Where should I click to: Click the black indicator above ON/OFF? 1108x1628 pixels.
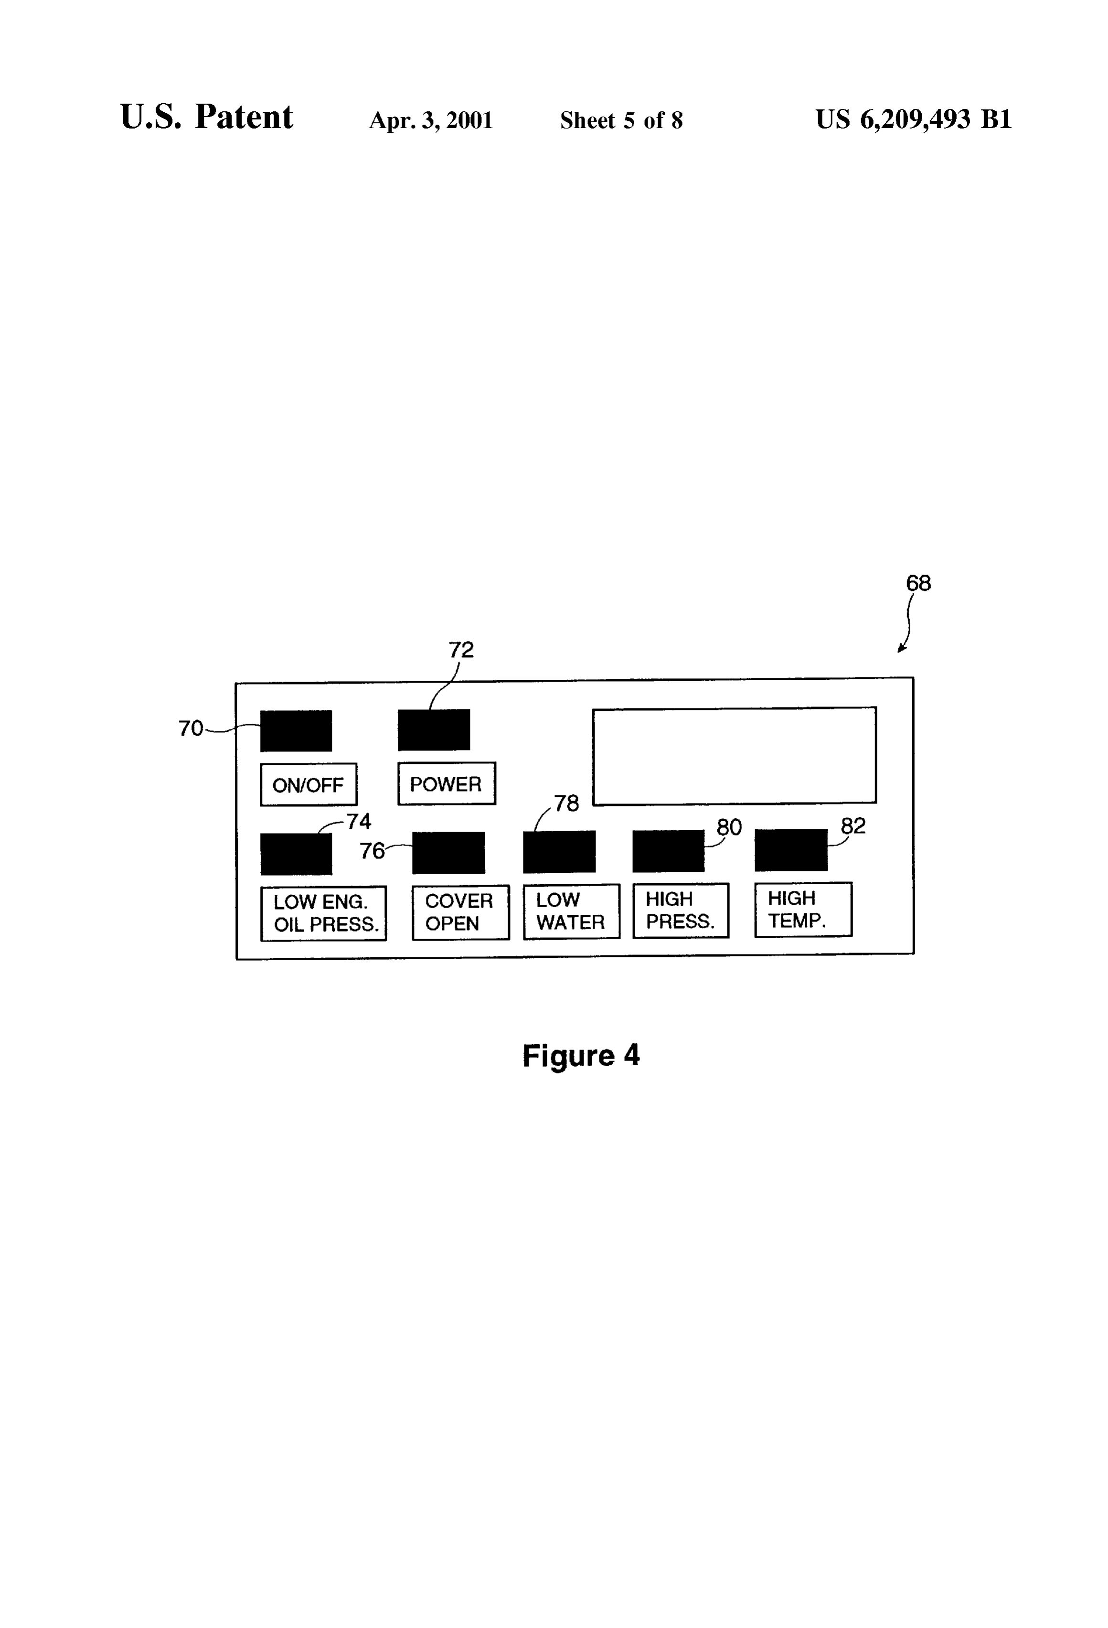(x=296, y=730)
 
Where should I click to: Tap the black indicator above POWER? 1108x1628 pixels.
(x=434, y=729)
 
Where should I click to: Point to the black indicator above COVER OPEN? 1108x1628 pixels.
(x=448, y=853)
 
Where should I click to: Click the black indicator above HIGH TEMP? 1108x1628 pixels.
(x=791, y=850)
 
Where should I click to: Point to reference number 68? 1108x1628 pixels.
(x=918, y=583)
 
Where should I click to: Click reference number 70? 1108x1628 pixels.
(x=191, y=728)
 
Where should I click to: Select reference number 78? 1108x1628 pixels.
(x=566, y=803)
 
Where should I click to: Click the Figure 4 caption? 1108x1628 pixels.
(x=581, y=1055)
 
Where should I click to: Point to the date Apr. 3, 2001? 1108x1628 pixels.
(x=431, y=120)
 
